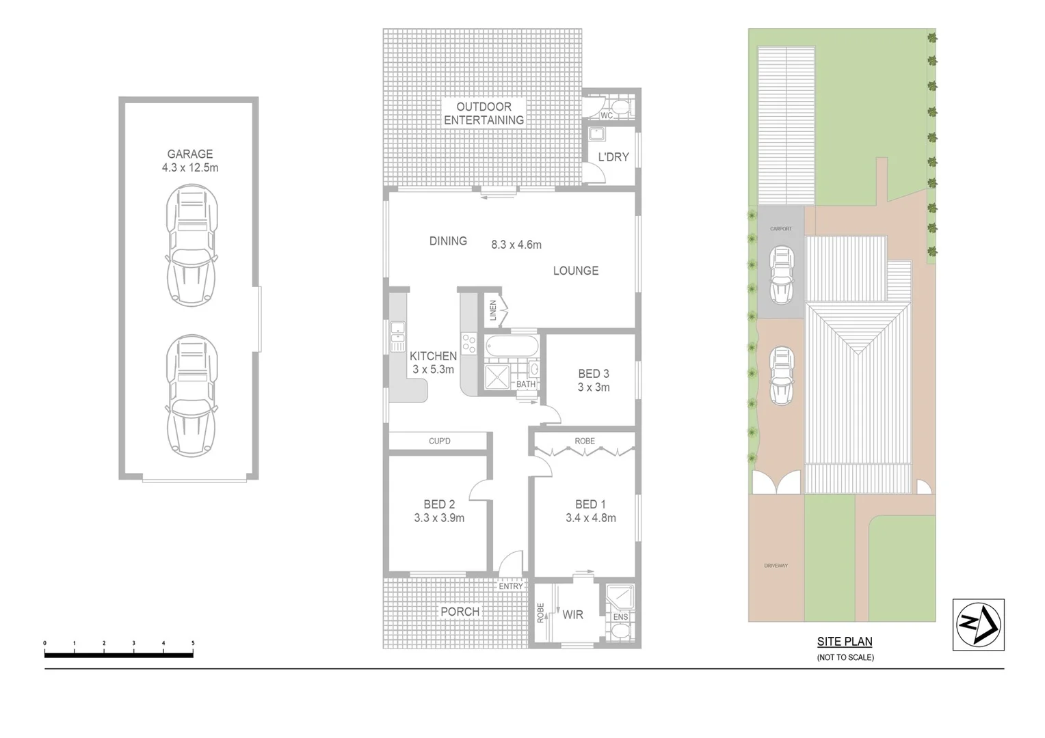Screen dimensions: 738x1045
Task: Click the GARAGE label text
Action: click(190, 154)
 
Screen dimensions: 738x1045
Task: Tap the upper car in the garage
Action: click(192, 246)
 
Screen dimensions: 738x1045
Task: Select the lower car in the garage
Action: click(192, 395)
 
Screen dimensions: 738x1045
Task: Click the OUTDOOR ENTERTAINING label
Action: click(484, 113)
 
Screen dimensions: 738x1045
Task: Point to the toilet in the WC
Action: click(620, 107)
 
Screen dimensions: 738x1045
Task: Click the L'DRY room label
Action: click(613, 157)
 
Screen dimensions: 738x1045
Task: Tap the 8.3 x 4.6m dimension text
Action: click(516, 245)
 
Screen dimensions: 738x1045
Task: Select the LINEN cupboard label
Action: click(493, 312)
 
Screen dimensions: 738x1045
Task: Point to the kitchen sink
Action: click(398, 338)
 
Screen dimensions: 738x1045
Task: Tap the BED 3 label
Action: click(594, 374)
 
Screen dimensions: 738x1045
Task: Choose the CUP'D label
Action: click(440, 441)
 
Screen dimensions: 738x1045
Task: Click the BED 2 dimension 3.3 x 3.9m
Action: click(439, 518)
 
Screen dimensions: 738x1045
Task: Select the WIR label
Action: click(573, 615)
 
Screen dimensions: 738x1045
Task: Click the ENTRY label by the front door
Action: click(511, 586)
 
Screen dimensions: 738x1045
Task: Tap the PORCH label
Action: click(460, 612)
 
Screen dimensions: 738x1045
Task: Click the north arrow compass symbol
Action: click(978, 624)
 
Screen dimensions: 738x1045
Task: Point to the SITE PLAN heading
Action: click(845, 642)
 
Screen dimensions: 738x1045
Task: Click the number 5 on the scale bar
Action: click(193, 644)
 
